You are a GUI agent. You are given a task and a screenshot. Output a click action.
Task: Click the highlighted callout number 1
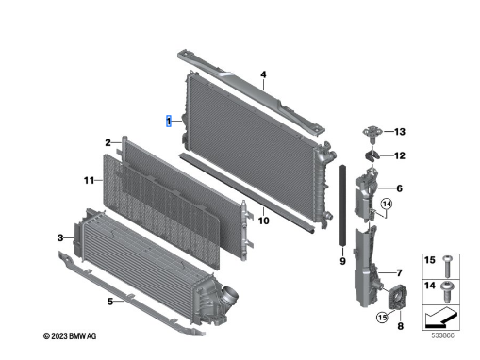point(169,122)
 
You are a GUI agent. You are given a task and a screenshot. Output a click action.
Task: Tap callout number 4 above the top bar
point(263,74)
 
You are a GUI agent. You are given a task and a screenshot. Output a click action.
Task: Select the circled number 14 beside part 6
point(387,204)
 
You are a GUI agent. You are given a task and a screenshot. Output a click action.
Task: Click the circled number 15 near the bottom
point(382,318)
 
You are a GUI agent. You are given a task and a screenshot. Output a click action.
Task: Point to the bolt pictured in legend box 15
point(447,267)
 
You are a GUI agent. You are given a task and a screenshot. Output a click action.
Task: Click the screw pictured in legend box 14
point(446,291)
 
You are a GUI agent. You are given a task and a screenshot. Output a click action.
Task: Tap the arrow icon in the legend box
point(440,317)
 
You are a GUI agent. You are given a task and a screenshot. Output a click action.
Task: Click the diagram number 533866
point(442,335)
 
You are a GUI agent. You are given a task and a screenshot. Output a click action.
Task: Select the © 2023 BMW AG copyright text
point(70,336)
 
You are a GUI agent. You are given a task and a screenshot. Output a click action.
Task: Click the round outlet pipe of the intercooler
point(230,295)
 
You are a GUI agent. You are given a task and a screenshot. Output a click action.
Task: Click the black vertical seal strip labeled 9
point(343,205)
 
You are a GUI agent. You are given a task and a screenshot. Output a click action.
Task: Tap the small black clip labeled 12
point(372,155)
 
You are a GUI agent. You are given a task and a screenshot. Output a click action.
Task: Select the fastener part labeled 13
point(372,132)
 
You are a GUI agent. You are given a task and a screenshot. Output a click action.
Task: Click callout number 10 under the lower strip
point(263,221)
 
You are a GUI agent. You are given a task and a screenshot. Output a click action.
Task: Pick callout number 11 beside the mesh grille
point(89,180)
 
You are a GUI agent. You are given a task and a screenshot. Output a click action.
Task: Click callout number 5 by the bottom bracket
point(110,302)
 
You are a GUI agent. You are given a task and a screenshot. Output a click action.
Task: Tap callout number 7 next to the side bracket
point(399,273)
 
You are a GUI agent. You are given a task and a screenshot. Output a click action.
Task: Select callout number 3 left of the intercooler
point(60,238)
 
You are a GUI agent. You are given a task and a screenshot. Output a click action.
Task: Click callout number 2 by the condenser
point(108,143)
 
